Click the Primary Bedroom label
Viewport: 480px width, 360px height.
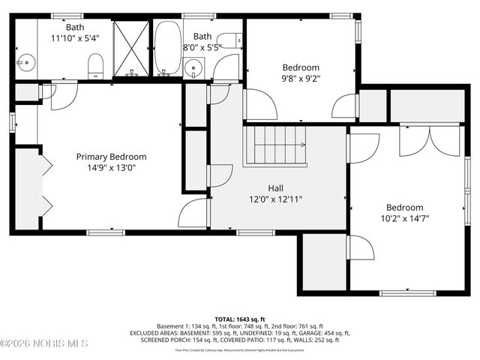pyautogui.click(x=111, y=157)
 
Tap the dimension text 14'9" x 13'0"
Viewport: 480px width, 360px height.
pyautogui.click(x=111, y=168)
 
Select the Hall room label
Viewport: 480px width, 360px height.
pyautogui.click(x=275, y=188)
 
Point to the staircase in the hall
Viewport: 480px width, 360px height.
pyautogui.click(x=275, y=146)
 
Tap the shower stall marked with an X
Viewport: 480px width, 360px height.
pyautogui.click(x=131, y=48)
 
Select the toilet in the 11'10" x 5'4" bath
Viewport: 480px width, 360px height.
pyautogui.click(x=95, y=66)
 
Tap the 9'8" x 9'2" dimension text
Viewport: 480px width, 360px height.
pyautogui.click(x=300, y=78)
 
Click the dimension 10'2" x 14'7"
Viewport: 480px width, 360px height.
pyautogui.click(x=404, y=219)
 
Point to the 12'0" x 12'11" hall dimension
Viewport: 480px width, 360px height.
pyautogui.click(x=275, y=199)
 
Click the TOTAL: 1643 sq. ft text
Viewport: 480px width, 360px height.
pyautogui.click(x=239, y=318)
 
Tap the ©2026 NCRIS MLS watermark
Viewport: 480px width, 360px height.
pyautogui.click(x=44, y=343)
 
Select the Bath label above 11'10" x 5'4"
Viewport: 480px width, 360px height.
pyautogui.click(x=74, y=28)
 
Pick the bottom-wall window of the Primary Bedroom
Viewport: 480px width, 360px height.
pyautogui.click(x=111, y=230)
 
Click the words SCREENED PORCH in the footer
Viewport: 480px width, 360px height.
pyautogui.click(x=161, y=340)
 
